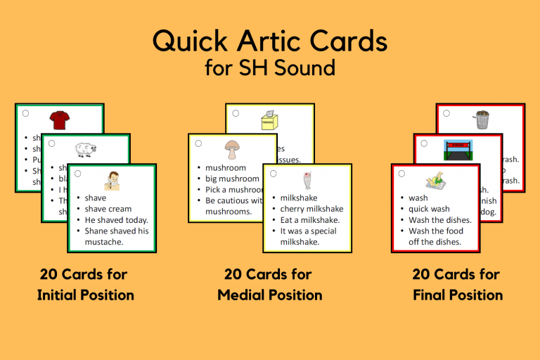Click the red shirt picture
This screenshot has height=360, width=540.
[60, 120]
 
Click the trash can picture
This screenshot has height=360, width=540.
[482, 120]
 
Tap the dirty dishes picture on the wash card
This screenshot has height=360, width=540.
[435, 181]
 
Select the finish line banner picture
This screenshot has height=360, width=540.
[458, 150]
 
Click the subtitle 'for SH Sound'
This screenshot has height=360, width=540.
[270, 69]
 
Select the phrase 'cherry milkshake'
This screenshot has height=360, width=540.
[311, 209]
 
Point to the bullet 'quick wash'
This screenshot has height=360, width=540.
[429, 209]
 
